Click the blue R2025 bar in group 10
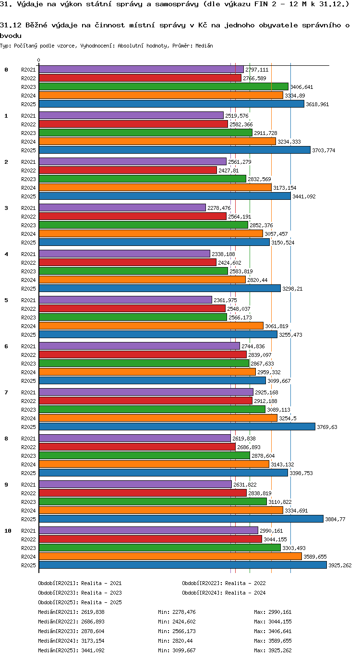pyautogui.click(x=183, y=565)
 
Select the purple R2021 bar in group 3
pyautogui.click(x=122, y=207)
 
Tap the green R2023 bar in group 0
pyautogui.click(x=164, y=86)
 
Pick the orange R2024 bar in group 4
pyautogui.click(x=142, y=280)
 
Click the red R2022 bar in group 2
pyautogui.click(x=128, y=171)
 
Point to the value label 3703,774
pyautogui.click(x=324, y=150)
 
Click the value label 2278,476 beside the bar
pyautogui.click(x=219, y=208)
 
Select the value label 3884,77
pyautogui.click(x=335, y=519)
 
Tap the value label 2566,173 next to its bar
pyautogui.click(x=240, y=317)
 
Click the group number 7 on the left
pyautogui.click(x=6, y=392)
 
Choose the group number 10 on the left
pyautogui.click(x=8, y=530)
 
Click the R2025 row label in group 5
pyautogui.click(x=28, y=334)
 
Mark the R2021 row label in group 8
pyautogui.click(x=28, y=439)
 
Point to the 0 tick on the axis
pyautogui.click(x=38, y=60)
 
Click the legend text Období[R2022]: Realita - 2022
pyautogui.click(x=224, y=584)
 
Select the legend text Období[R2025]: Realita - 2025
pyautogui.click(x=80, y=602)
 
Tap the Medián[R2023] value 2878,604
pyautogui.click(x=93, y=631)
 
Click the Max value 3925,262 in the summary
pyautogui.click(x=280, y=650)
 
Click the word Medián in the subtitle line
pyautogui.click(x=204, y=46)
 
